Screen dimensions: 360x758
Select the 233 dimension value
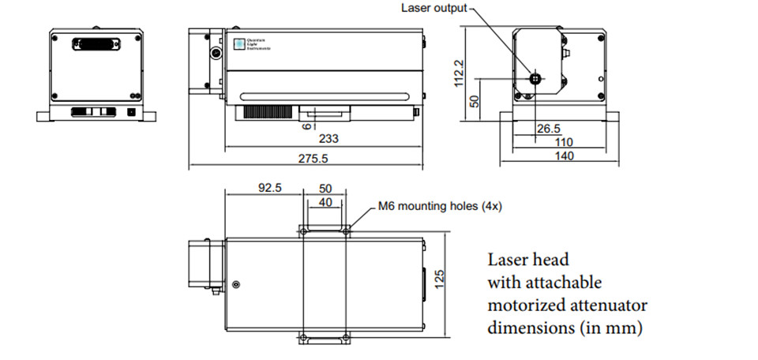point(329,138)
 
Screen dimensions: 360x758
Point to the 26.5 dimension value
point(548,128)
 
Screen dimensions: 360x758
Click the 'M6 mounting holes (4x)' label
point(440,207)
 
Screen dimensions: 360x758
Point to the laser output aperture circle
point(535,79)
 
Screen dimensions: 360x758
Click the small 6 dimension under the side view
point(302,125)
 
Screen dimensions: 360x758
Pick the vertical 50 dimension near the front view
point(474,101)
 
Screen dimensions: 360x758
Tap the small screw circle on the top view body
point(235,284)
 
